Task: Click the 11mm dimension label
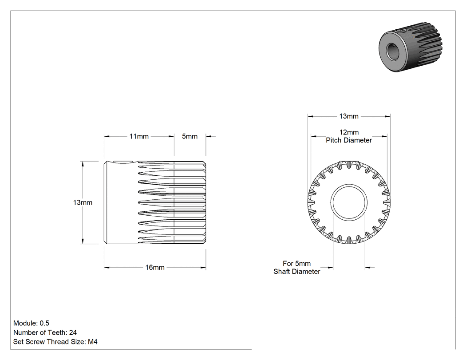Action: [x=139, y=136]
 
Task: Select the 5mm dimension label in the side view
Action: [x=190, y=136]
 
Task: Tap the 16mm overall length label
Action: [x=155, y=268]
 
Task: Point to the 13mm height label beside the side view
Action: [x=83, y=202]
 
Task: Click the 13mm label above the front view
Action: [x=349, y=116]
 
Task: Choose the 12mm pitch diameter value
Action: [x=349, y=132]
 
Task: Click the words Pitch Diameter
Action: [x=349, y=140]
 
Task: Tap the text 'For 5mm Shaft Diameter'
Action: [x=297, y=268]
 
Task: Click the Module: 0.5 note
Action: [x=31, y=323]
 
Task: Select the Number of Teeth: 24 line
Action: [x=45, y=332]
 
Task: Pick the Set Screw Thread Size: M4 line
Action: [x=55, y=341]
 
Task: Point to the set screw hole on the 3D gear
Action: [x=401, y=30]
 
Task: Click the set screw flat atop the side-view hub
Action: [x=123, y=162]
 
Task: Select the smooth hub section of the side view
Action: [x=121, y=202]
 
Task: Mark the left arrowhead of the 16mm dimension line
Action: [x=107, y=268]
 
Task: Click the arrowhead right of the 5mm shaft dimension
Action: [x=368, y=268]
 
